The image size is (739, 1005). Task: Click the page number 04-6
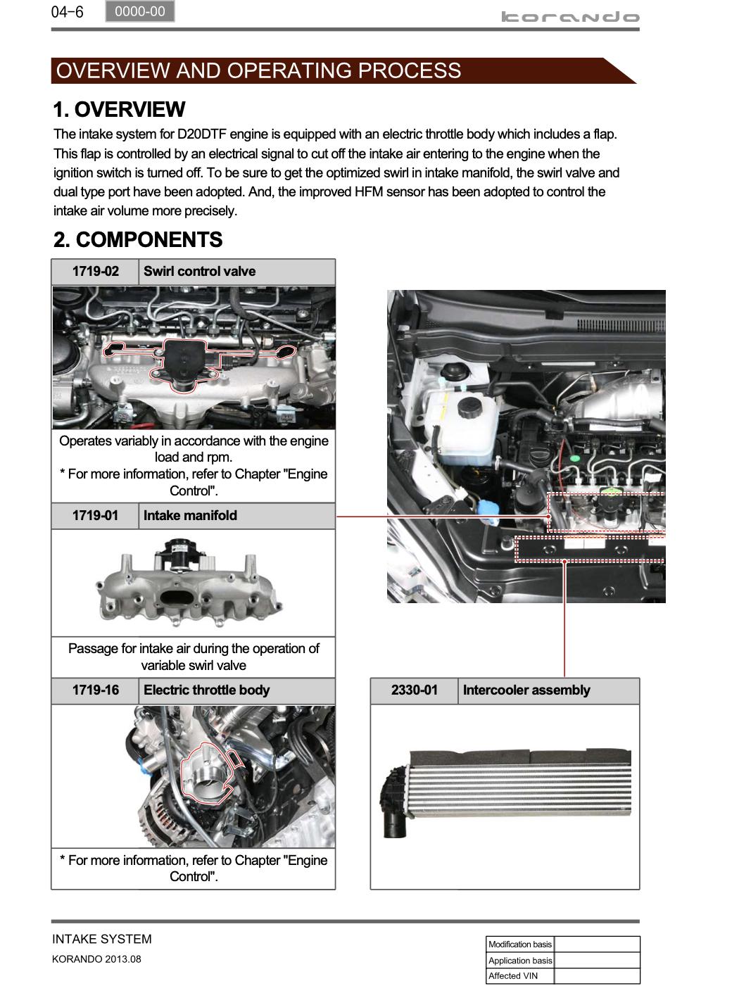(67, 12)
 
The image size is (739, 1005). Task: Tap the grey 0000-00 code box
(139, 11)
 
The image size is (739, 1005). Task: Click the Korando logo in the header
(570, 17)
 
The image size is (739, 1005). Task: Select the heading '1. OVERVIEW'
(119, 110)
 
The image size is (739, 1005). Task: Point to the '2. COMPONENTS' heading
(138, 240)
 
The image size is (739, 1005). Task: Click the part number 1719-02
(95, 272)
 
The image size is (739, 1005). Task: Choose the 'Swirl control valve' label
(199, 272)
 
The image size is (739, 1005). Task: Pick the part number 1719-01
(95, 516)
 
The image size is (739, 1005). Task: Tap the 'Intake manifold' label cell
(190, 516)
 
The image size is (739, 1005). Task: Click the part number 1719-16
(95, 690)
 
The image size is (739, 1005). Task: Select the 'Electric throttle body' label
(206, 690)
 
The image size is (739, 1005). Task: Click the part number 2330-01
(414, 690)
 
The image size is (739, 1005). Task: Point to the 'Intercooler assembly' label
(526, 690)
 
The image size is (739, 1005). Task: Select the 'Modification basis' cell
(520, 944)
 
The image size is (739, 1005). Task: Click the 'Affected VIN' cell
(513, 976)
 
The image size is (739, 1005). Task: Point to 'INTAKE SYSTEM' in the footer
(101, 939)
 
